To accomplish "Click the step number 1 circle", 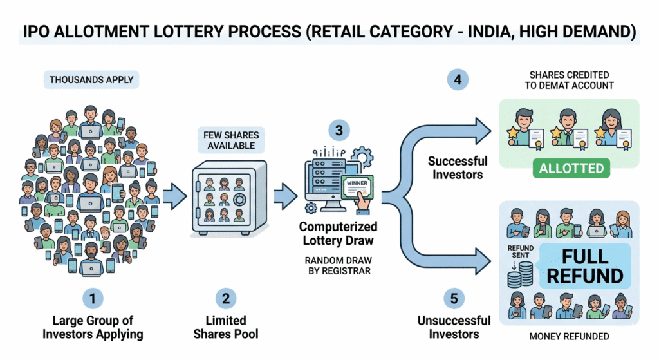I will pyautogui.click(x=93, y=298).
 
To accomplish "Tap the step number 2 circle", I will pyautogui.click(x=225, y=298).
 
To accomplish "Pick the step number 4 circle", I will pyautogui.click(x=458, y=80).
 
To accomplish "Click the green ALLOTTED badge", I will pyautogui.click(x=571, y=169).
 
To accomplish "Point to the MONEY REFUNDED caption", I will pyautogui.click(x=569, y=336).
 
